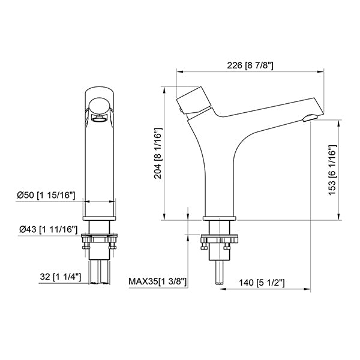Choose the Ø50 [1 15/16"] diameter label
(46, 196)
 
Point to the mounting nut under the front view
(100, 242)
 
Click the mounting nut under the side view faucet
(220, 242)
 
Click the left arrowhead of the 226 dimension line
(178, 71)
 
